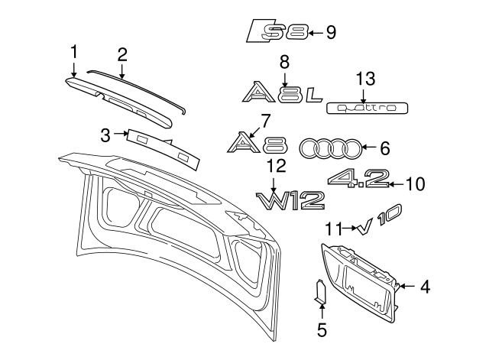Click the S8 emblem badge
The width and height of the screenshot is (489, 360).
(x=278, y=31)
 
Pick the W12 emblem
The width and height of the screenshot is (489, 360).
(x=290, y=201)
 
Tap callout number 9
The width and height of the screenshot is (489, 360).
(x=330, y=32)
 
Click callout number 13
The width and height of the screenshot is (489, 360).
(x=365, y=78)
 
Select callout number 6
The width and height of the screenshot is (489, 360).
(x=384, y=147)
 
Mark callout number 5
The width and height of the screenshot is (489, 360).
(x=322, y=330)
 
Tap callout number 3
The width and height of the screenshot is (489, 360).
(x=105, y=136)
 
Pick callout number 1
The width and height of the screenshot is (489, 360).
(x=74, y=51)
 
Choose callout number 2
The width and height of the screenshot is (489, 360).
(x=122, y=54)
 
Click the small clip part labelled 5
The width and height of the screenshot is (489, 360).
(x=320, y=291)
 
